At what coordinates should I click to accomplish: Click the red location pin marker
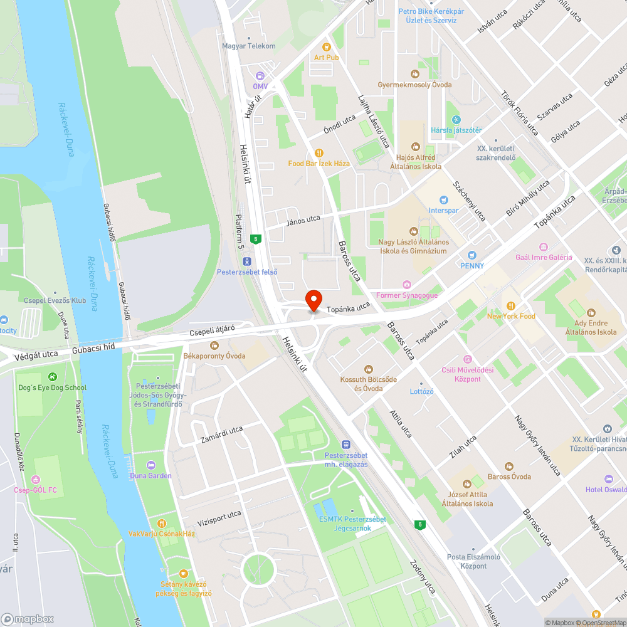tap(313, 299)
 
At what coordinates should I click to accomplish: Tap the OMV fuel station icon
tap(260, 75)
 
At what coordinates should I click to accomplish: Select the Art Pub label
tap(326, 58)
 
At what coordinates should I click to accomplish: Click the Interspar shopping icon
tap(444, 200)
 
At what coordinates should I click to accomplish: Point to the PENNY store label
tap(472, 265)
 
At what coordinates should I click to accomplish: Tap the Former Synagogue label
tap(413, 295)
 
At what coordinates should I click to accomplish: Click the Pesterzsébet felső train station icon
tap(247, 261)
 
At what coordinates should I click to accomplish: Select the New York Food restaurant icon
tap(511, 306)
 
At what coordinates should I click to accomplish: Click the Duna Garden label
tap(150, 476)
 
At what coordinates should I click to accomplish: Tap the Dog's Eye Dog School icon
tap(52, 377)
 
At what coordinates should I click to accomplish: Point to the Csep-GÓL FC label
tap(35, 490)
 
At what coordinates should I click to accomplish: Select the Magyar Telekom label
tap(249, 46)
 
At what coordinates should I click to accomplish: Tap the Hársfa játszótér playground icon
tap(456, 119)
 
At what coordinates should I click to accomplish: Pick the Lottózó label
tap(421, 391)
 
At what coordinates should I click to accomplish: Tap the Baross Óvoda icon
tap(509, 466)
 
